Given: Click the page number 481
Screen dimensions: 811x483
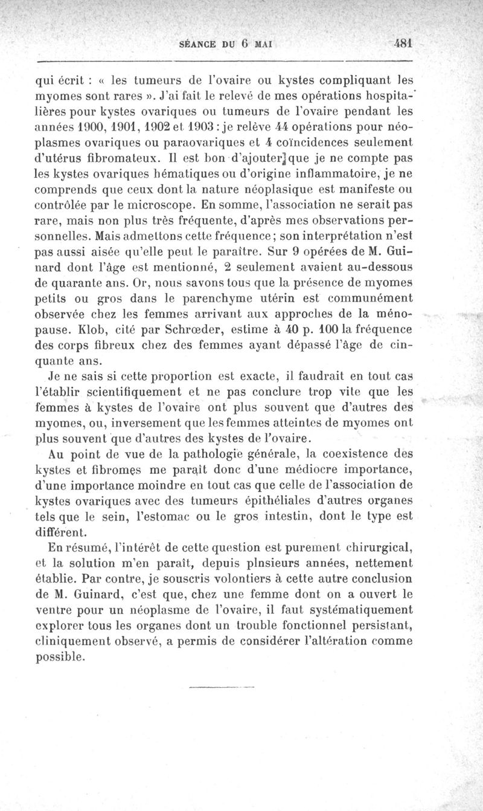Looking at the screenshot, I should coord(401,44).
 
